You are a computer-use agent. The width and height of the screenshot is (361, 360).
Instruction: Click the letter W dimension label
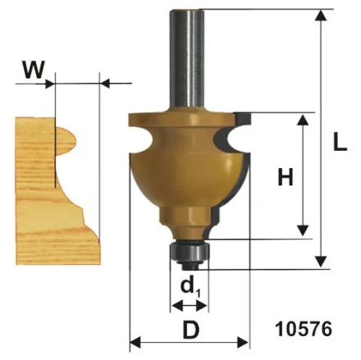(34, 69)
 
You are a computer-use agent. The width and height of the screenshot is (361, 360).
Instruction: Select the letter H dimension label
(286, 176)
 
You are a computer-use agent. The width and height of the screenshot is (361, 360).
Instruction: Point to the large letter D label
(191, 330)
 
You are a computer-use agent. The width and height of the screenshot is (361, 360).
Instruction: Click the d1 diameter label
(190, 288)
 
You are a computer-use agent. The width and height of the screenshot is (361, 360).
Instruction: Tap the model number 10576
(304, 329)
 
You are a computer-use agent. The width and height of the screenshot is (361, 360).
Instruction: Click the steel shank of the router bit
(187, 59)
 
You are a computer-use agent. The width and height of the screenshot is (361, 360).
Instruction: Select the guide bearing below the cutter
(190, 253)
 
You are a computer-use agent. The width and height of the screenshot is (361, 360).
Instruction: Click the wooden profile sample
(58, 191)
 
